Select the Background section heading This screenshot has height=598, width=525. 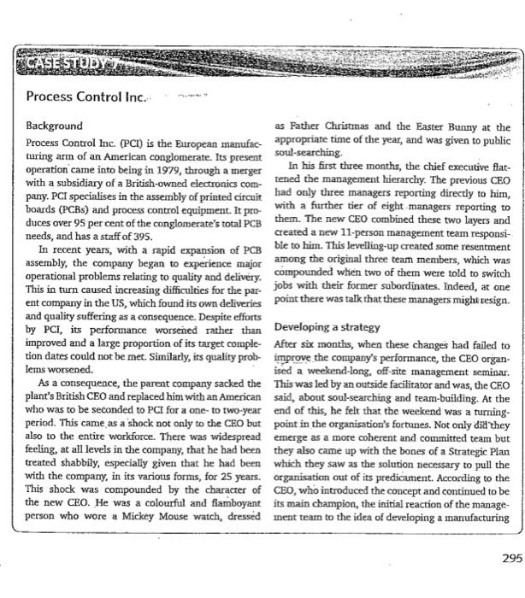point(54,125)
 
